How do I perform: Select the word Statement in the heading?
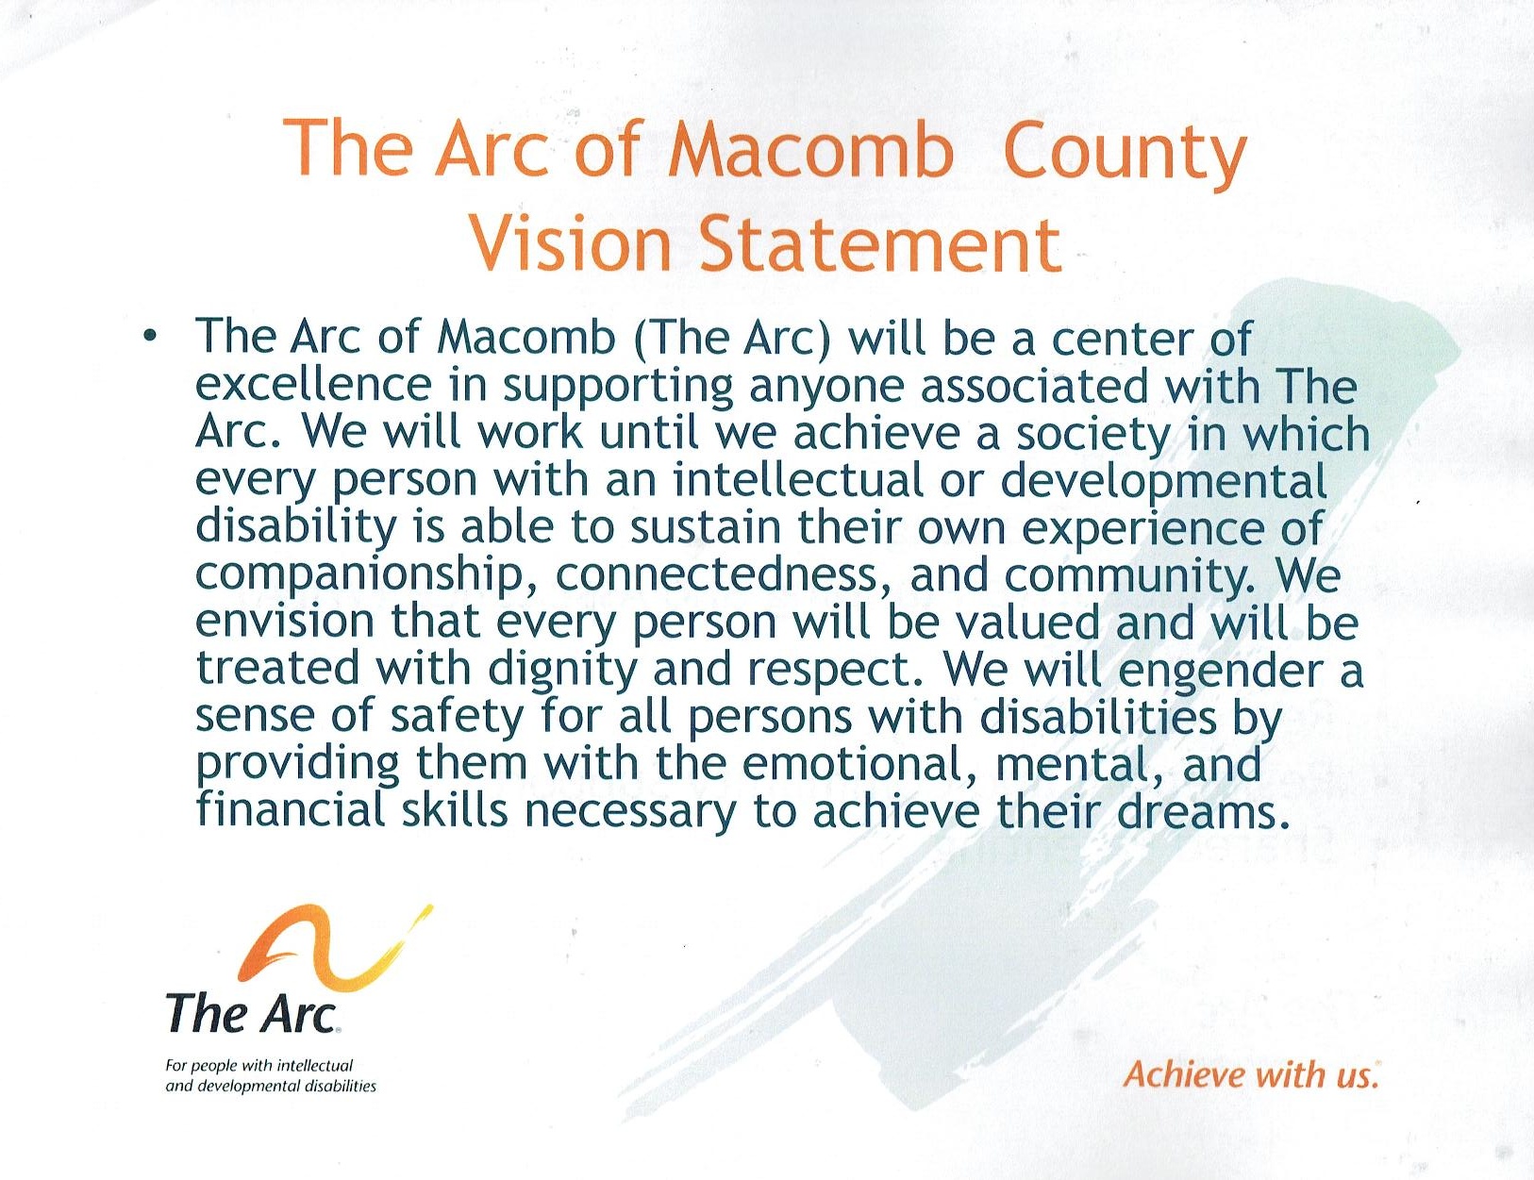[x=880, y=243]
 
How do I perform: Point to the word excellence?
[x=313, y=386]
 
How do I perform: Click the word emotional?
[x=860, y=765]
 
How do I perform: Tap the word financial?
[x=291, y=811]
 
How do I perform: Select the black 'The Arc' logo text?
[x=253, y=1013]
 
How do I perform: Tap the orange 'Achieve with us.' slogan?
[x=1251, y=1075]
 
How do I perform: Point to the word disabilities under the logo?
[x=341, y=1086]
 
